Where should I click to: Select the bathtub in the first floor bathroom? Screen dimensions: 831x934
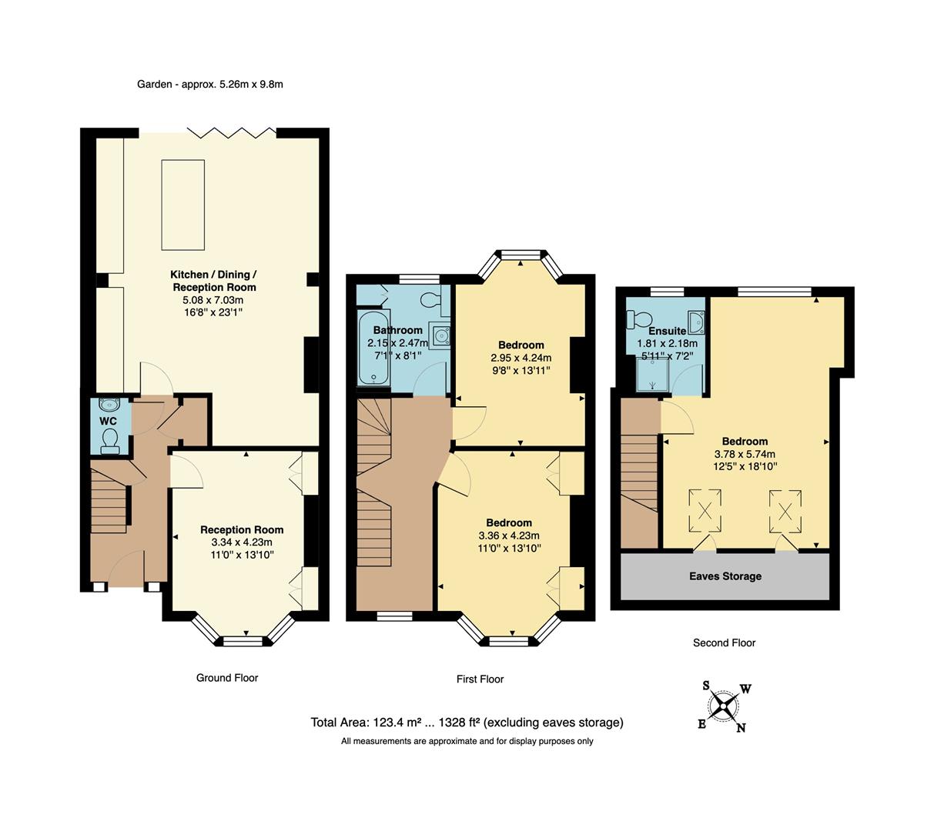pyautogui.click(x=373, y=349)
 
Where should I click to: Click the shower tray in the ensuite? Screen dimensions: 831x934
pyautogui.click(x=650, y=377)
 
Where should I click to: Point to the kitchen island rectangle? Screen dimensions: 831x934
pyautogui.click(x=182, y=205)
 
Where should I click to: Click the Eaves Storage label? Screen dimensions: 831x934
pyautogui.click(x=725, y=576)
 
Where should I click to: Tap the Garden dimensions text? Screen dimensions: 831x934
pyautogui.click(x=210, y=84)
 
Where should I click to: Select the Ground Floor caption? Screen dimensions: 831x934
pyautogui.click(x=227, y=678)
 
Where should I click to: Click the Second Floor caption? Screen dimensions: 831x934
pyautogui.click(x=724, y=642)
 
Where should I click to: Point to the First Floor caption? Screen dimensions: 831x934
pyautogui.click(x=480, y=679)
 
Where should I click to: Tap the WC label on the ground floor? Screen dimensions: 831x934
pyautogui.click(x=108, y=421)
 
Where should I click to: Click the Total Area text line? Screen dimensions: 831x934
pyautogui.click(x=467, y=723)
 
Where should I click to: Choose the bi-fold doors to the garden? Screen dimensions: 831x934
pyautogui.click(x=232, y=132)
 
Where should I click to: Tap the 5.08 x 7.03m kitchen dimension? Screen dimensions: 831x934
pyautogui.click(x=213, y=300)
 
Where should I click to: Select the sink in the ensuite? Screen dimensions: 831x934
pyautogui.click(x=695, y=322)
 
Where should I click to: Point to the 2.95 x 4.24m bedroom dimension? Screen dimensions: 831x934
pyautogui.click(x=521, y=358)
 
